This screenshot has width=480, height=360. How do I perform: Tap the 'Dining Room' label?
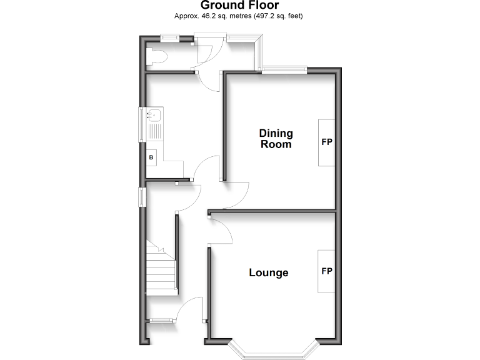tap(276, 139)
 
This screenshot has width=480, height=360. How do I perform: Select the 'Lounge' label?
tap(269, 272)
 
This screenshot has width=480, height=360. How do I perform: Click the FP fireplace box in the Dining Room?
tap(326, 142)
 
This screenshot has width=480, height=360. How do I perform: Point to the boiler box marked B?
tap(151, 157)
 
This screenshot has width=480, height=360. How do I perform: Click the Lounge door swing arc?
tap(222, 231)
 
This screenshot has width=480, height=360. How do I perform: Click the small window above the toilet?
tap(169, 37)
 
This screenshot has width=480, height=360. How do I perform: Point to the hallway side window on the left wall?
tap(142, 197)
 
